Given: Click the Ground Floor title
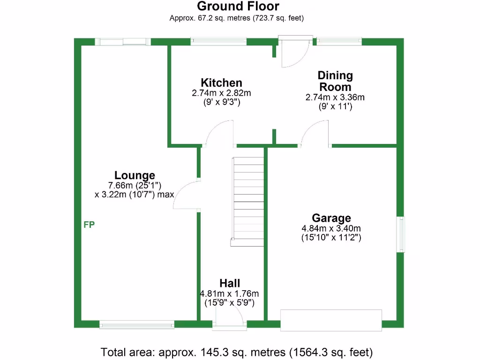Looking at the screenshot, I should tap(238, 7).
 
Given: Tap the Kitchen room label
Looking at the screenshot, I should tap(221, 83).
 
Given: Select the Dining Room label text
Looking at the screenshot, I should tap(335, 81).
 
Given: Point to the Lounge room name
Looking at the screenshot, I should tap(135, 175).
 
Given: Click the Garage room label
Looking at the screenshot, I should tap(331, 218).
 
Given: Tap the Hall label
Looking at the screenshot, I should tap(230, 283).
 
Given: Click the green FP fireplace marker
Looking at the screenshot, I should tap(89, 225).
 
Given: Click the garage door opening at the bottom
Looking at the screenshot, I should tap(331, 320).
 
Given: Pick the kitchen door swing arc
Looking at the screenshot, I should tap(220, 133).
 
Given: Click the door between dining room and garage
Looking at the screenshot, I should tap(315, 134).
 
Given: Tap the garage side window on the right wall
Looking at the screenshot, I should tap(400, 234).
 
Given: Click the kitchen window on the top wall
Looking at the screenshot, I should tap(218, 42).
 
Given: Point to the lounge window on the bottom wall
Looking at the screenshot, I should tap(137, 323).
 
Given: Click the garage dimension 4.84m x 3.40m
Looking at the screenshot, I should tap(331, 228).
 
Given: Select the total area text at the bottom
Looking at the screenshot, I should tap(237, 352).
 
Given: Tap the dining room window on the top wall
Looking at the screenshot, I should tap(339, 42).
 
